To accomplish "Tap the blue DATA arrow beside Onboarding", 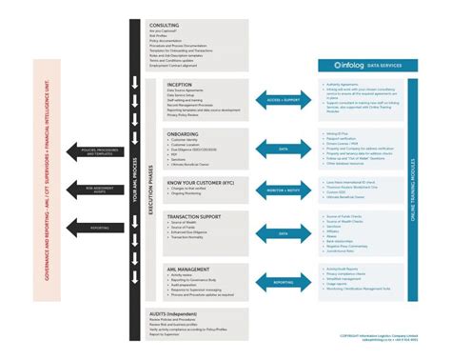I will click(x=282, y=150).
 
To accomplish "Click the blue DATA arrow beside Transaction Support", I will click(x=282, y=232).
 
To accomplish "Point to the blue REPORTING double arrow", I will click(x=282, y=282).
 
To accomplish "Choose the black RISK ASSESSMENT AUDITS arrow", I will click(x=100, y=190).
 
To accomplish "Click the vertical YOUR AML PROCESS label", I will click(x=136, y=181).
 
